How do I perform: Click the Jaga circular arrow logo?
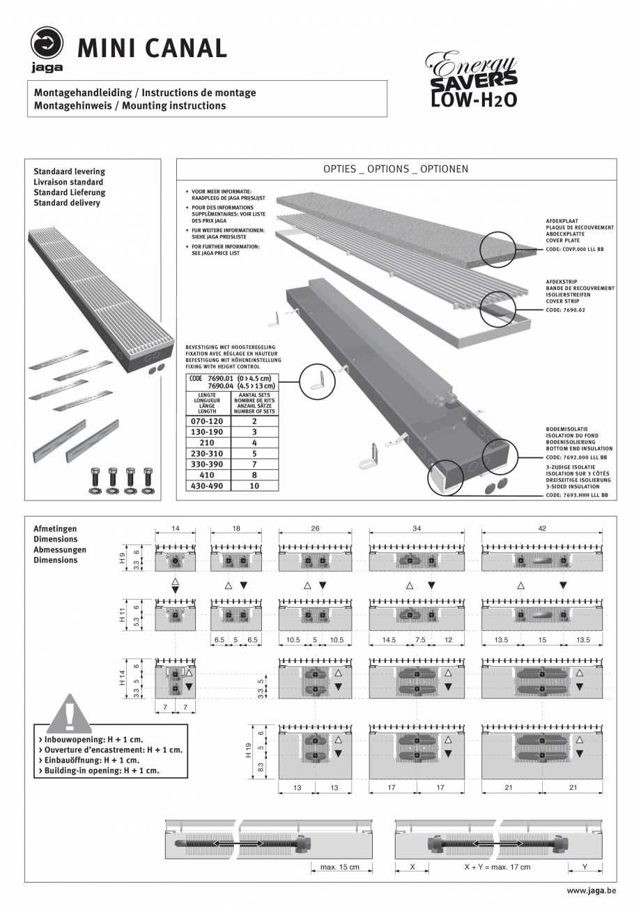click(x=47, y=43)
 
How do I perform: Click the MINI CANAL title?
click(x=152, y=47)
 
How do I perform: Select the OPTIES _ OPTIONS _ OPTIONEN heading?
click(x=396, y=169)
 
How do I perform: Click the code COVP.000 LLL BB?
click(x=576, y=248)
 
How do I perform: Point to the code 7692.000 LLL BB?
click(x=577, y=457)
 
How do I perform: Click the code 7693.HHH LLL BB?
click(x=577, y=494)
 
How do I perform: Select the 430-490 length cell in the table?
click(x=208, y=485)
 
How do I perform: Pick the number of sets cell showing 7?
click(x=254, y=464)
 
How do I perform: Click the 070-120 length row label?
click(x=208, y=421)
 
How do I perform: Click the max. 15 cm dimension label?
click(x=340, y=867)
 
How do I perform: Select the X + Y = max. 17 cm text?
click(x=497, y=867)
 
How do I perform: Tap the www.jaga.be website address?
click(x=592, y=891)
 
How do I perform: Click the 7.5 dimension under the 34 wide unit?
click(x=420, y=639)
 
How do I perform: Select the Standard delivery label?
click(x=67, y=203)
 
